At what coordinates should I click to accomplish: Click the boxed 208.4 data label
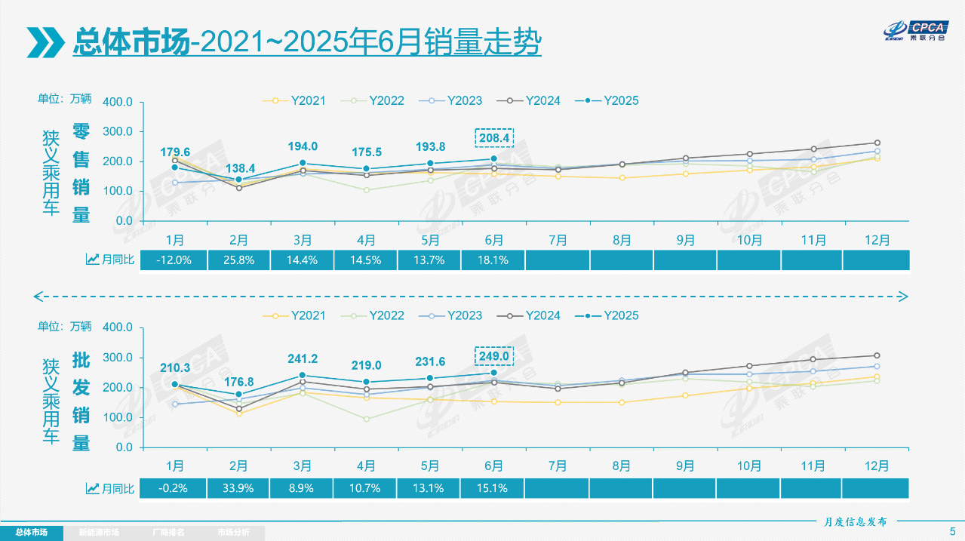pyautogui.click(x=494, y=139)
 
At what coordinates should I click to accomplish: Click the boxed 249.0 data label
pyautogui.click(x=494, y=355)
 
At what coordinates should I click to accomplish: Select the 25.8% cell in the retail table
pyautogui.click(x=238, y=260)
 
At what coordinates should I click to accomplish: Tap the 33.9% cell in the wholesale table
pyautogui.click(x=238, y=488)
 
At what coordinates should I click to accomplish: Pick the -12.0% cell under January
pyautogui.click(x=174, y=260)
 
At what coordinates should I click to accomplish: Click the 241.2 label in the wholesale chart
pyautogui.click(x=303, y=359)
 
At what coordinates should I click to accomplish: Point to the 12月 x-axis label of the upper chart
pyautogui.click(x=877, y=240)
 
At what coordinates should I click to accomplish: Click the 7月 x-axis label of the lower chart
pyautogui.click(x=558, y=466)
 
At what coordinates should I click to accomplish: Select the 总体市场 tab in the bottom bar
pyautogui.click(x=32, y=533)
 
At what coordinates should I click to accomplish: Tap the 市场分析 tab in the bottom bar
pyautogui.click(x=233, y=533)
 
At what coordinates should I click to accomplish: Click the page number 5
pyautogui.click(x=951, y=530)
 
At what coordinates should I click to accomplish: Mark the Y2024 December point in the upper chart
pyautogui.click(x=877, y=143)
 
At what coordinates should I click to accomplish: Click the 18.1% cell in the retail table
pyautogui.click(x=494, y=260)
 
